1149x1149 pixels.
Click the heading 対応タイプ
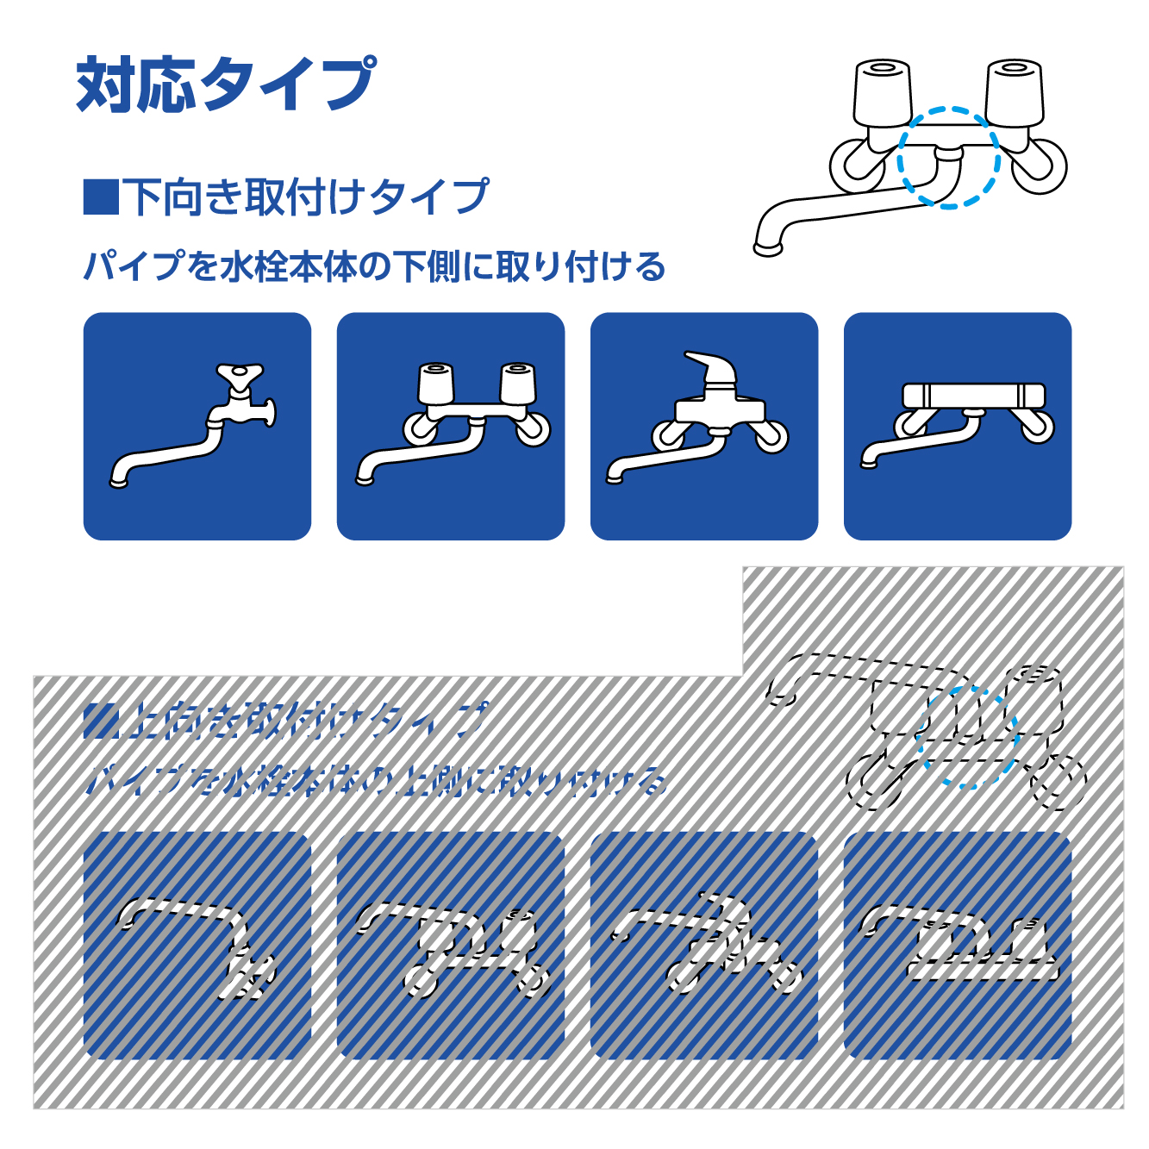tap(226, 84)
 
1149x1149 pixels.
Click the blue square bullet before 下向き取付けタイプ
tap(100, 197)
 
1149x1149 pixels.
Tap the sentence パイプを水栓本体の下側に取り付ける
tap(374, 266)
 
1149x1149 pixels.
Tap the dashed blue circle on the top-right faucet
tap(948, 158)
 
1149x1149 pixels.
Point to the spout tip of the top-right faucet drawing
tap(767, 247)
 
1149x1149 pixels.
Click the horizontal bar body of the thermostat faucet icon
tap(973, 396)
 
